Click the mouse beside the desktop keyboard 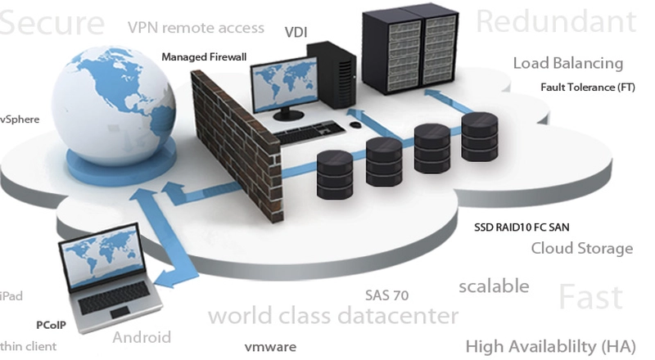(x=355, y=125)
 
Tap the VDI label (x=296, y=32)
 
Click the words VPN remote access (x=196, y=27)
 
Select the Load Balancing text (x=567, y=63)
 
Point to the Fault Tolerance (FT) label (x=587, y=88)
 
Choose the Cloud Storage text (x=581, y=248)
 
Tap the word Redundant (x=557, y=20)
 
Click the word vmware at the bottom (x=270, y=347)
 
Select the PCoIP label (x=51, y=324)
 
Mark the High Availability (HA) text (x=548, y=345)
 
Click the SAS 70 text (x=386, y=295)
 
